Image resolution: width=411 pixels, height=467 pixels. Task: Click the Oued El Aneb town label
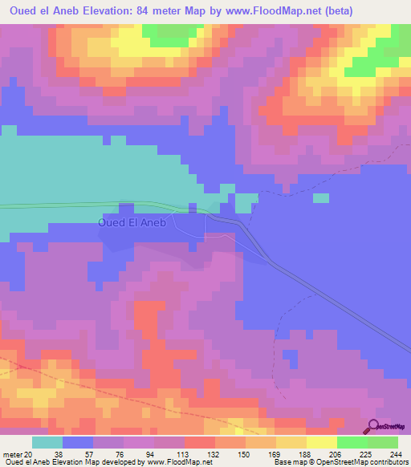point(132,223)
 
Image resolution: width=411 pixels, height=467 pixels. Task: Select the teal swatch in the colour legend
point(47,442)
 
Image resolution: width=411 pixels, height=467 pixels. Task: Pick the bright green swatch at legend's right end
point(383,442)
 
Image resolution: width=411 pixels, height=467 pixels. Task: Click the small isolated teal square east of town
point(321,198)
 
